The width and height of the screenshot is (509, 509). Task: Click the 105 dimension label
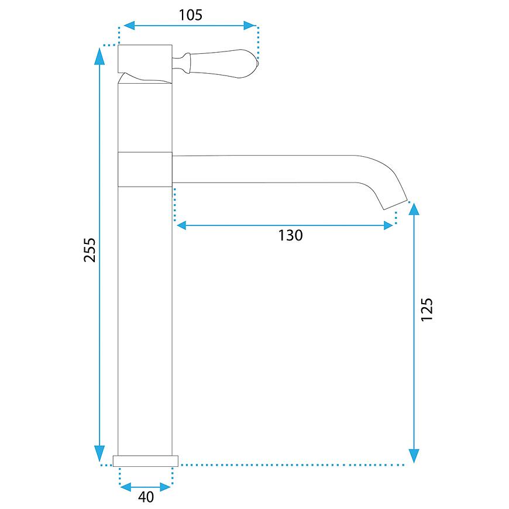pyautogui.click(x=191, y=15)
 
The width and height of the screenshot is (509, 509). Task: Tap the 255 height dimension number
pyautogui.click(x=90, y=250)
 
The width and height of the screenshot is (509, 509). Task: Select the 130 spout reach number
pyautogui.click(x=291, y=235)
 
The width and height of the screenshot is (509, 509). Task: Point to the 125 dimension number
pyautogui.click(x=427, y=309)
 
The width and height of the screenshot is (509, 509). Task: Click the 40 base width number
pyautogui.click(x=146, y=497)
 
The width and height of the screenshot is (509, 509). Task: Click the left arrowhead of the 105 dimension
pyautogui.click(x=129, y=25)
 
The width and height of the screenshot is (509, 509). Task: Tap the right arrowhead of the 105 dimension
pyautogui.click(x=250, y=25)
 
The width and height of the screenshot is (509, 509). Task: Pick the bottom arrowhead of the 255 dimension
pyautogui.click(x=99, y=453)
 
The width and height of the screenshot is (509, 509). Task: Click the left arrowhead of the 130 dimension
pyautogui.click(x=181, y=225)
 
